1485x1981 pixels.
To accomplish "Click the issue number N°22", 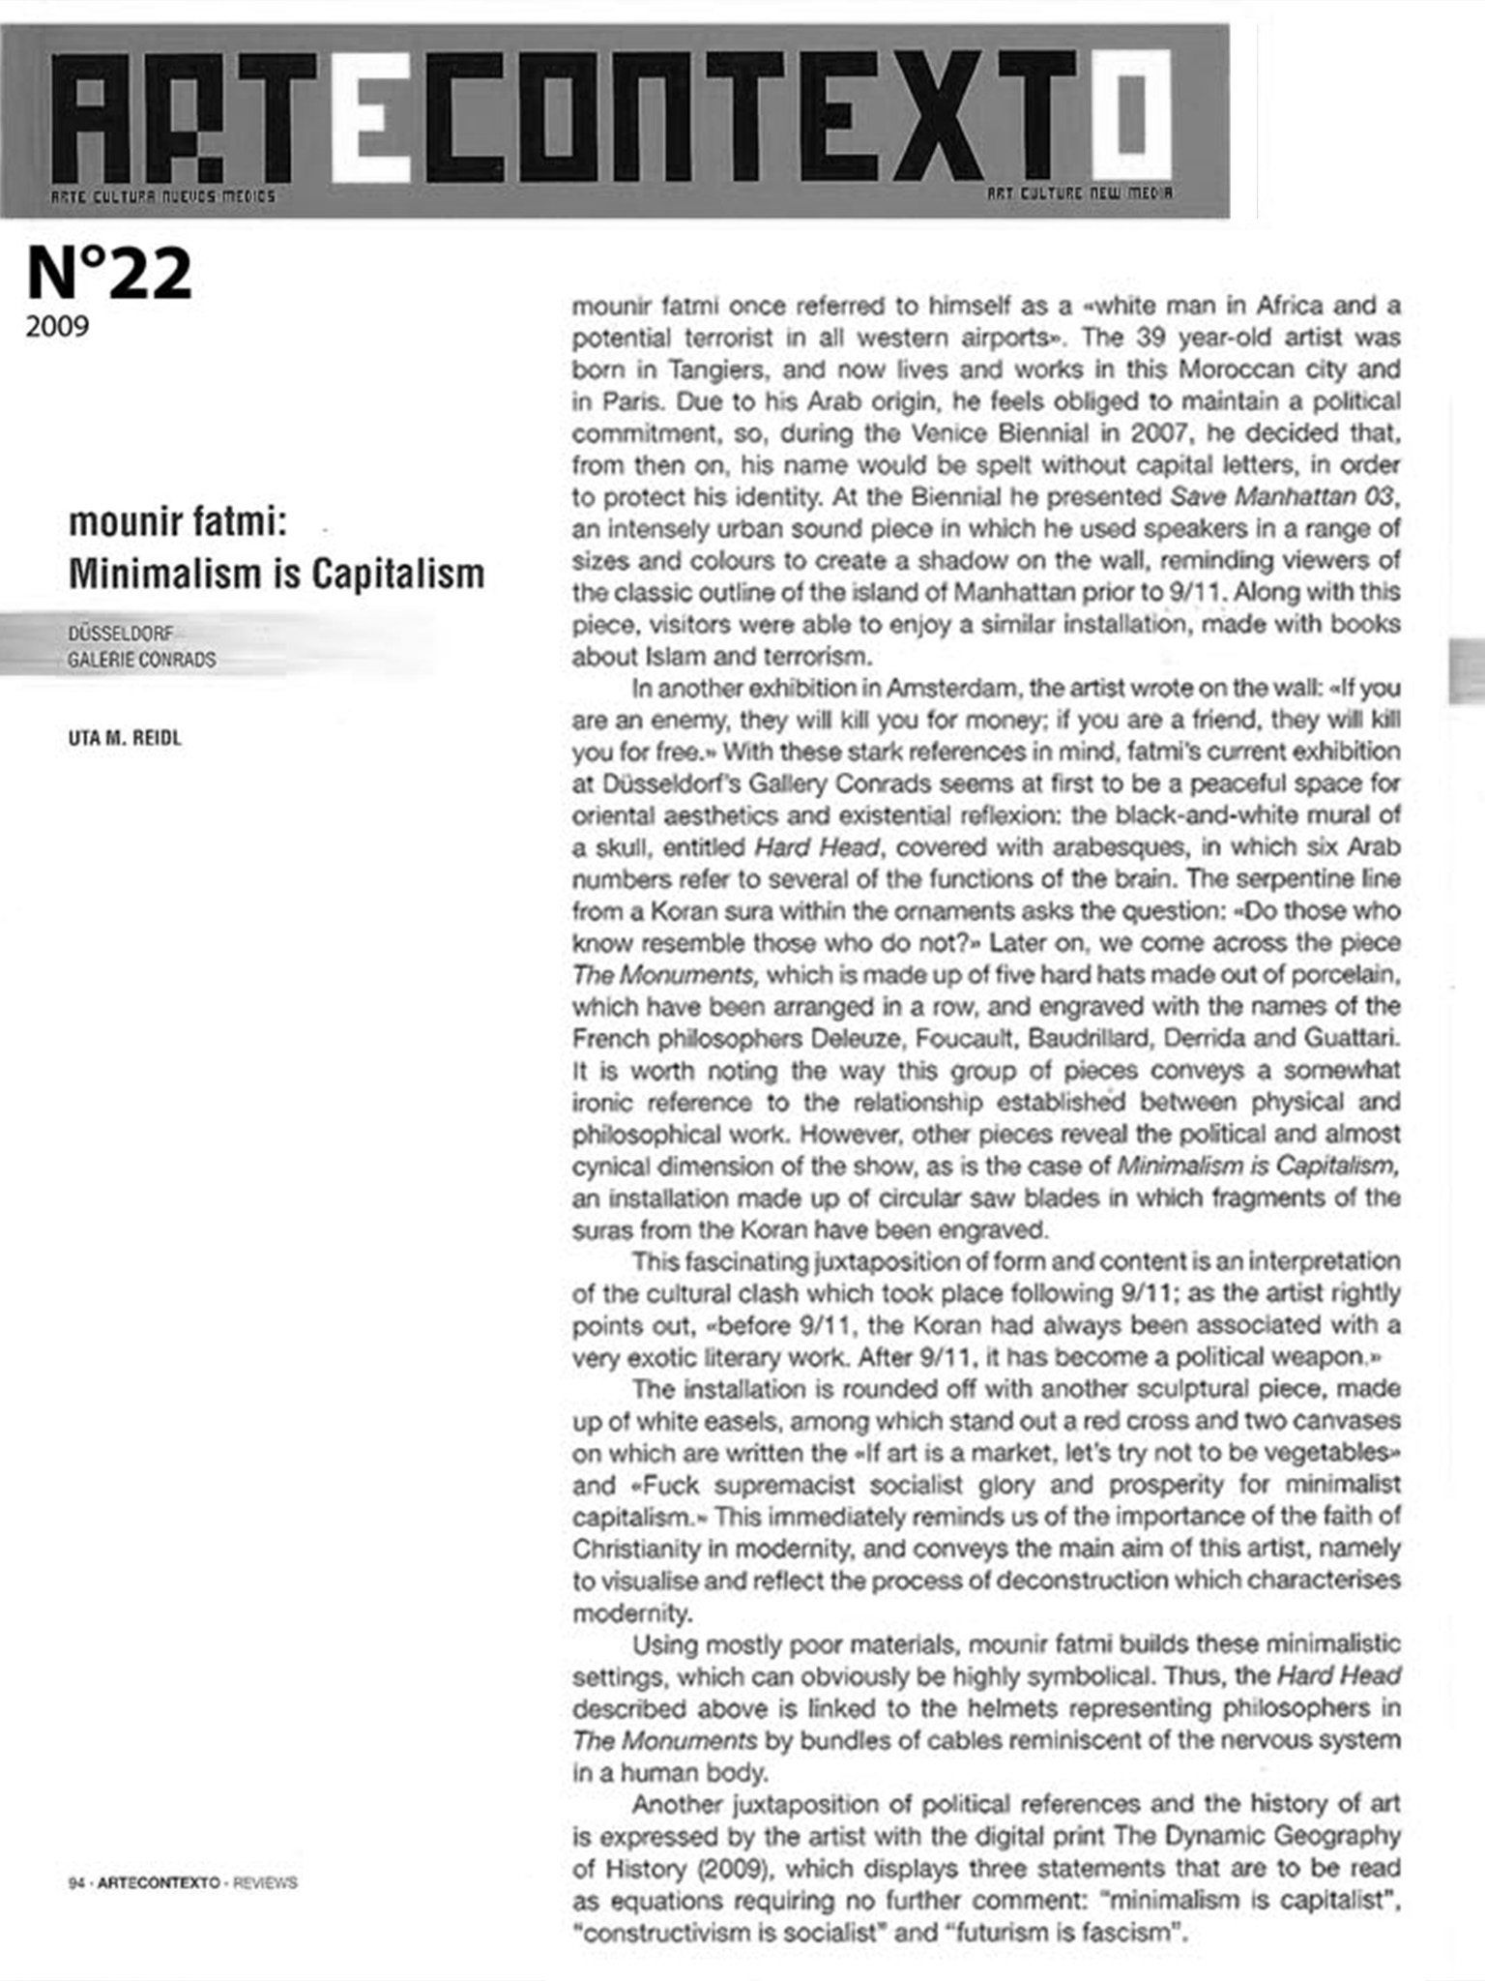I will point(109,275).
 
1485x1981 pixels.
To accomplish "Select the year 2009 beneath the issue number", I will point(57,327).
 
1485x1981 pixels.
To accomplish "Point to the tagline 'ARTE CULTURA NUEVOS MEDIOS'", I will point(162,196).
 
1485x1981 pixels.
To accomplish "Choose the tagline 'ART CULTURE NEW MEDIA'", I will point(1080,193).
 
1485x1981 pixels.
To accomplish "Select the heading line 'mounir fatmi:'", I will point(178,523).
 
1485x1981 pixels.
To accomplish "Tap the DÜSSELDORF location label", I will point(121,634).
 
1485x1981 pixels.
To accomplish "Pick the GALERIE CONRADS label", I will point(141,661).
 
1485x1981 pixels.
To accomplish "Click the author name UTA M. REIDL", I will point(125,738).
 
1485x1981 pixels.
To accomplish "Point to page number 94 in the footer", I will point(75,1883).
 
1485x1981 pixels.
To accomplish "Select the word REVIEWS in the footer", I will point(265,1883).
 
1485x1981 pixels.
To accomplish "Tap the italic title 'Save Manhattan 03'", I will point(1282,497).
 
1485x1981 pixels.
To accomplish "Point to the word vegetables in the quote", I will point(1317,1453).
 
